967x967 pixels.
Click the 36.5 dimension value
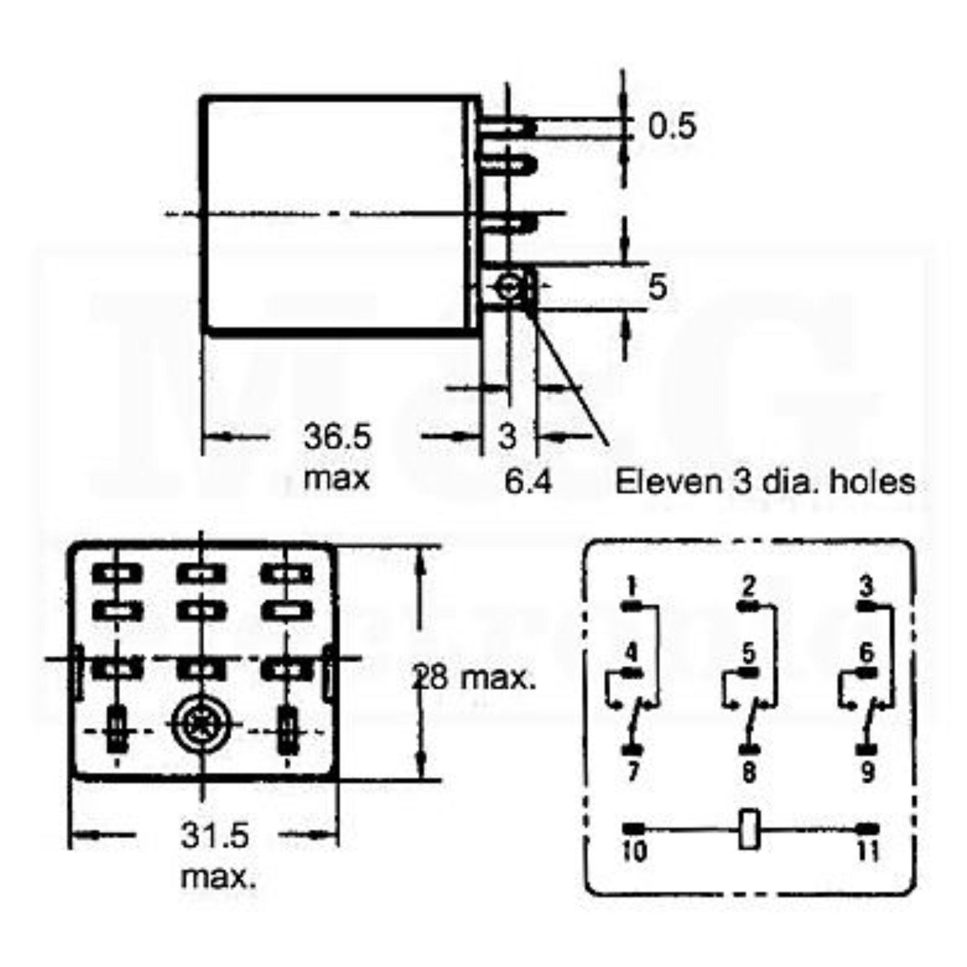point(337,436)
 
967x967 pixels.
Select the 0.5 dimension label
point(673,126)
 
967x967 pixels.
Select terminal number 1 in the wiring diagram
point(632,586)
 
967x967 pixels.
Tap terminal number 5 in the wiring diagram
point(749,653)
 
